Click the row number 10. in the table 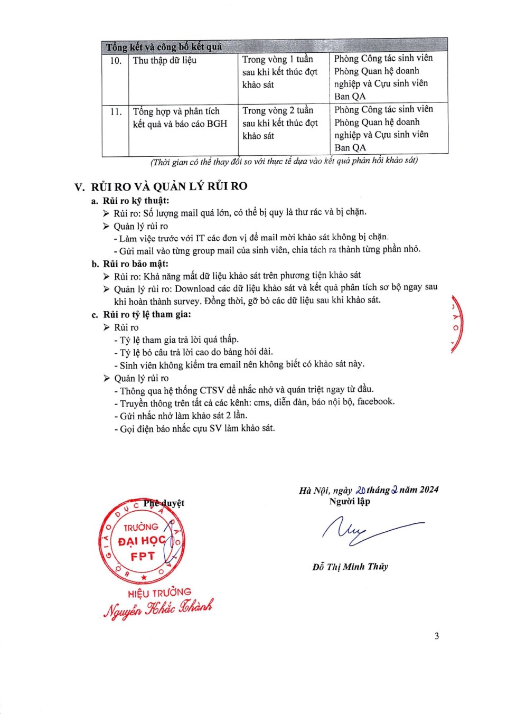pos(116,61)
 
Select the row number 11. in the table pos(116,112)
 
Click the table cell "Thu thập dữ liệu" pos(164,60)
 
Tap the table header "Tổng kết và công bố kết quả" pos(164,46)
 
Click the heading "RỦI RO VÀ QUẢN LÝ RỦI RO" pos(169,186)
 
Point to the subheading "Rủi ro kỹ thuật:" pos(136,201)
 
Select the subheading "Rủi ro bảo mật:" pos(136,264)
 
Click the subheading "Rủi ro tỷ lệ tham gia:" pos(147,314)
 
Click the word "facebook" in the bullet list pos(375,401)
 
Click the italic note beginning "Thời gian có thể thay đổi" pos(284,161)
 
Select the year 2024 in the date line pos(429,490)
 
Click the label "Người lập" pos(350,501)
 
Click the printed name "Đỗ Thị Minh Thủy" pos(350,567)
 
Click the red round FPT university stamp pos(142,541)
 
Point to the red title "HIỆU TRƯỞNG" pos(159,593)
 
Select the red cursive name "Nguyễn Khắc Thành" pos(158,608)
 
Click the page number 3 pos(437,636)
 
